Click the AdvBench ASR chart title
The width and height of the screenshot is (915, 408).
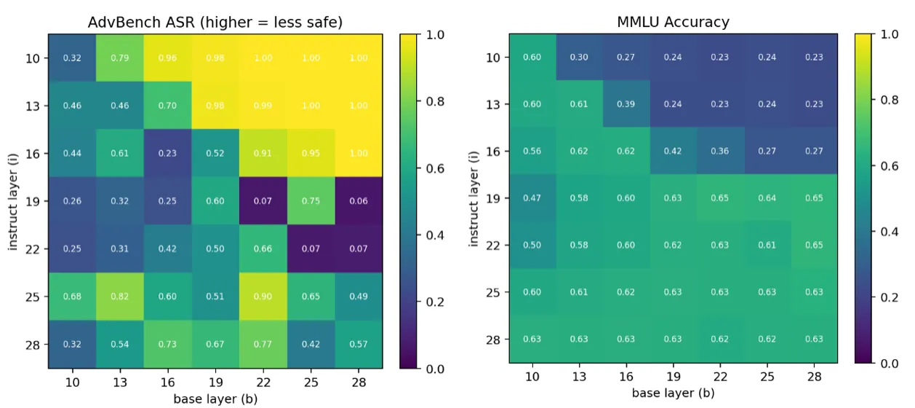[x=215, y=22]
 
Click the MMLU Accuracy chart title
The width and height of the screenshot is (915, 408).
[x=673, y=22]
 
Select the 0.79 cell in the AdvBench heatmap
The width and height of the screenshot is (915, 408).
[x=120, y=58]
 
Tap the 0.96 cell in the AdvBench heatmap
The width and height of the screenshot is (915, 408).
[x=167, y=58]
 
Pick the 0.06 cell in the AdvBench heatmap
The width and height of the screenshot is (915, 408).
[x=359, y=201]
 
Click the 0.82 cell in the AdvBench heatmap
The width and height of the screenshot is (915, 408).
[x=120, y=297]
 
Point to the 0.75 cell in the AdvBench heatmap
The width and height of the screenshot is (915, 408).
[x=311, y=201]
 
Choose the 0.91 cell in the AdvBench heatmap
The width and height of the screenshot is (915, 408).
[x=263, y=154]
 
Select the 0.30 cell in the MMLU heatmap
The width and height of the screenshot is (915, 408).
[x=580, y=58]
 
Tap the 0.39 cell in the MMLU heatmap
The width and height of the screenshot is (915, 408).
[x=626, y=104]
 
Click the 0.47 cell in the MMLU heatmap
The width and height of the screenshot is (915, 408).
[x=532, y=198]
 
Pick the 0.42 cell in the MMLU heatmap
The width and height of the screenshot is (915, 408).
[x=674, y=152]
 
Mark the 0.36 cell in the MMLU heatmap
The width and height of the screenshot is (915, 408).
[x=720, y=152]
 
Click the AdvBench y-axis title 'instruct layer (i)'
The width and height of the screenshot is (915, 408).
[x=14, y=201]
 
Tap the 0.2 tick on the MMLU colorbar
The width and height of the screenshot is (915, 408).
[x=888, y=297]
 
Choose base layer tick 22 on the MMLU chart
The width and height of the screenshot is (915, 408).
[x=720, y=377]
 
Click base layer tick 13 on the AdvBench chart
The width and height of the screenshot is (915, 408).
[x=120, y=382]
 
